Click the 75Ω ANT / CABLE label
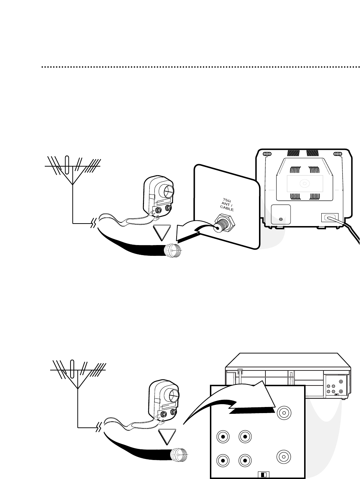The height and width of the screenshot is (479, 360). click(x=226, y=204)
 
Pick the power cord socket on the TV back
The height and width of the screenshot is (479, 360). click(x=329, y=217)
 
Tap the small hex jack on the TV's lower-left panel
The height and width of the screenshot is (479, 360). click(x=280, y=219)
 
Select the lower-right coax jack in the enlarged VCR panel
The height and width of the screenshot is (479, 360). click(x=284, y=456)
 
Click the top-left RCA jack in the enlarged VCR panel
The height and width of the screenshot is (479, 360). click(x=223, y=437)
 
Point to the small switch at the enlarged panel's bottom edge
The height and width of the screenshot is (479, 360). click(x=263, y=475)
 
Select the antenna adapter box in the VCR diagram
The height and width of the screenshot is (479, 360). click(x=164, y=400)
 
